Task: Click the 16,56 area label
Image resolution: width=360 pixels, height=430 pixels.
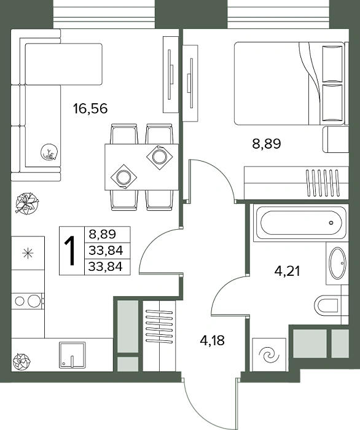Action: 90,108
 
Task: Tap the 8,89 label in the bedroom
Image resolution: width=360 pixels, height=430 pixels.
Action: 267,143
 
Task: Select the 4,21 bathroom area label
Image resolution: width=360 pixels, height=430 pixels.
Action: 287,272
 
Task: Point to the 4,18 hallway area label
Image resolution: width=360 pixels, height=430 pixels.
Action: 212,340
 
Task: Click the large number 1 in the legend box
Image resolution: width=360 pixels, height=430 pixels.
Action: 70,251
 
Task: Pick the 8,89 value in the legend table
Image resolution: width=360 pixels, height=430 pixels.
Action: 102,234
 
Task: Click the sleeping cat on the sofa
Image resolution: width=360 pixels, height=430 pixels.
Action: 49,152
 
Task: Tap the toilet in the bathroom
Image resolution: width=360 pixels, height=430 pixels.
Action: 326,305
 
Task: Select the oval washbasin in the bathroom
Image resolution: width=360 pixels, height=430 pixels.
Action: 337,263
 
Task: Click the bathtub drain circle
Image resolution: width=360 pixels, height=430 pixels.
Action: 332,222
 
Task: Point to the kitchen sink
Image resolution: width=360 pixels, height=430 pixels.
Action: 72,355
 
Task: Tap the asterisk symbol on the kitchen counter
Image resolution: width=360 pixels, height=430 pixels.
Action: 28,253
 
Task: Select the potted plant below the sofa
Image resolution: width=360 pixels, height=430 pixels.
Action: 27,203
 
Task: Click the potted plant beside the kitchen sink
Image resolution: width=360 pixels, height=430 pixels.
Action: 22,362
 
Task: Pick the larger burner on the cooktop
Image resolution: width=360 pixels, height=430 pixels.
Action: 34,301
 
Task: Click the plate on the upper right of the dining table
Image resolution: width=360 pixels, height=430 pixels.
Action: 159,157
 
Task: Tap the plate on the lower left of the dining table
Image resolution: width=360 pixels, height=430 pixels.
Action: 123,177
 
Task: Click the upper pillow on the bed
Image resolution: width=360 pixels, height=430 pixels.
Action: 332,64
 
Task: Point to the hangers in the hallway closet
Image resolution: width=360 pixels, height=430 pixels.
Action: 159,326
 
